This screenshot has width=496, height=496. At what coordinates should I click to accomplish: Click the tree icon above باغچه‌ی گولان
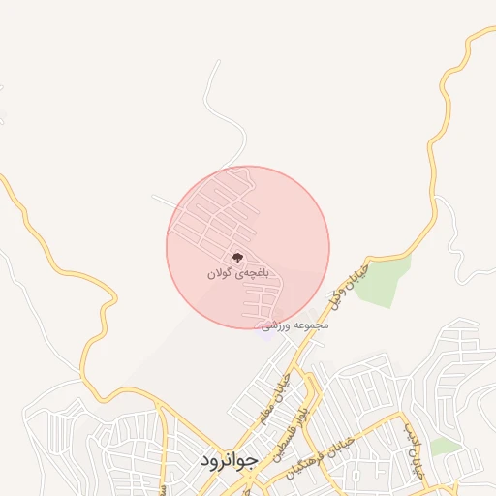click(235, 258)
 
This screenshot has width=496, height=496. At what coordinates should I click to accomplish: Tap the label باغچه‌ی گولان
click(235, 274)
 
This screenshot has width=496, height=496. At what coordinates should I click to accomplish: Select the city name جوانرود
click(227, 460)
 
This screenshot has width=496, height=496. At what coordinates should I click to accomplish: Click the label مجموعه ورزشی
click(296, 325)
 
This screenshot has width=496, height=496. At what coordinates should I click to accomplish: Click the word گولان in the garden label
click(220, 274)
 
